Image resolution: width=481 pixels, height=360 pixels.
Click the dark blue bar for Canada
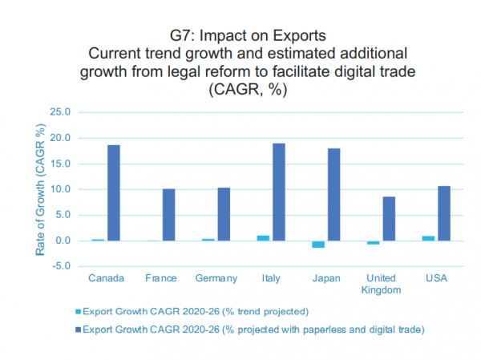click(114, 193)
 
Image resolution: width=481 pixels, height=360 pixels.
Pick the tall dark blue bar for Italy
click(278, 192)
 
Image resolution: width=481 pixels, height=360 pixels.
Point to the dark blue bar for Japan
click(333, 195)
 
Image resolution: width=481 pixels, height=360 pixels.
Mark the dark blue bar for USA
click(443, 213)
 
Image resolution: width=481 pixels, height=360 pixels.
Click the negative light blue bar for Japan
click(318, 245)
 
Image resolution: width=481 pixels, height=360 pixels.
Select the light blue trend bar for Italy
click(263, 238)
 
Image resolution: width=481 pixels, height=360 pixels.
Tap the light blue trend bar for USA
click(428, 238)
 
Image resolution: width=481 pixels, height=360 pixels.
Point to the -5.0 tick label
click(61, 266)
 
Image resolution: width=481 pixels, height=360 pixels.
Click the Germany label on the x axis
click(216, 278)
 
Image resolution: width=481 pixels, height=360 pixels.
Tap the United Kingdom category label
click(381, 284)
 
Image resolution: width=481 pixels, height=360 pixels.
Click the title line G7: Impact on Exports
click(240, 36)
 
